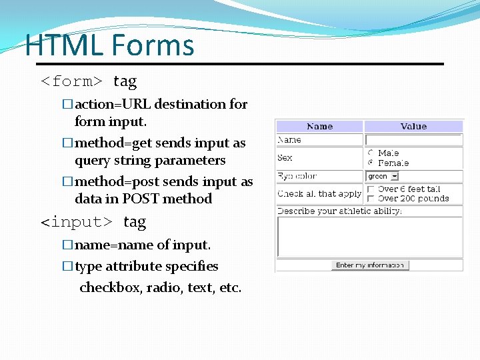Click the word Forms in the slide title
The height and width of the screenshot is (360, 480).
[x=153, y=45]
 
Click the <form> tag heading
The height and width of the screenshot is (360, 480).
[x=89, y=82]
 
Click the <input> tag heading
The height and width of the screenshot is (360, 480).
[x=93, y=221]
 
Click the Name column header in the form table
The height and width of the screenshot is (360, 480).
[x=319, y=126]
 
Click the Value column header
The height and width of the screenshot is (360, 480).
[x=413, y=126]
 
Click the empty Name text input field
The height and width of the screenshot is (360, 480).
[x=413, y=140]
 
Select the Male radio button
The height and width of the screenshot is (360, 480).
[x=371, y=153]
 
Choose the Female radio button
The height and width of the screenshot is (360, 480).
[x=371, y=163]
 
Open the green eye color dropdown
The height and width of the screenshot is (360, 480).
[x=383, y=177]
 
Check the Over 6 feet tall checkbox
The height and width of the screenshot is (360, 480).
[x=371, y=189]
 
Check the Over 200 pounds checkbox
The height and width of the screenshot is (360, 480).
[x=371, y=199]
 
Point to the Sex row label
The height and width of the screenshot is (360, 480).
[x=285, y=158]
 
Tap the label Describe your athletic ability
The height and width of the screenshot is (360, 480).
[x=339, y=211]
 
